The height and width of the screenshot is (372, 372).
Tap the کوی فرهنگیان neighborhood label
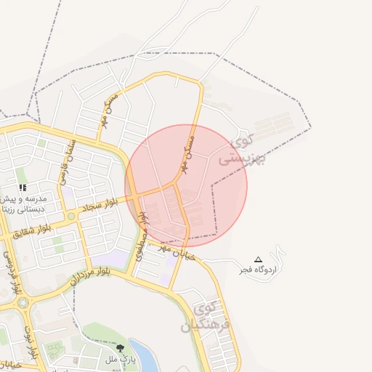pyautogui.click(x=209, y=317)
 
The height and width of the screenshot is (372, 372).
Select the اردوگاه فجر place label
pyautogui.click(x=259, y=270)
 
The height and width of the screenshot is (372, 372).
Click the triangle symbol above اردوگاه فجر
pyautogui.click(x=258, y=259)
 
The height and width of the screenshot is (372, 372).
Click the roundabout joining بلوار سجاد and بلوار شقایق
pyautogui.click(x=71, y=217)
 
